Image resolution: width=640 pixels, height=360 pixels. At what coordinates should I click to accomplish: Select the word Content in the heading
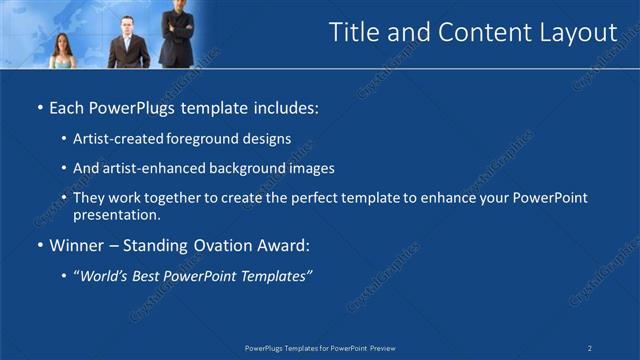[477, 33]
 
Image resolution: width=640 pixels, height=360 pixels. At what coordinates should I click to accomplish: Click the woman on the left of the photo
[61, 51]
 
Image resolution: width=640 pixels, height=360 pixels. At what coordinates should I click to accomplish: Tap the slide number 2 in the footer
[590, 348]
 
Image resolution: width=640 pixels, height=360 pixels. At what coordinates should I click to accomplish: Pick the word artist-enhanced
[151, 169]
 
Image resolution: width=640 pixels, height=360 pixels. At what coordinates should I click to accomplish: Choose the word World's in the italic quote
[107, 276]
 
